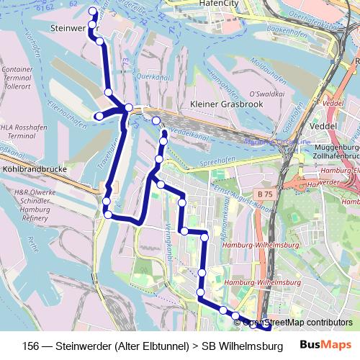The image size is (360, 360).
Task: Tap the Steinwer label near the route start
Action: click(x=69, y=29)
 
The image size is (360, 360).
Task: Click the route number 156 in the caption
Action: click(x=32, y=345)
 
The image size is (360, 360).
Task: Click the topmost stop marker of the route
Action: click(x=92, y=12)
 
